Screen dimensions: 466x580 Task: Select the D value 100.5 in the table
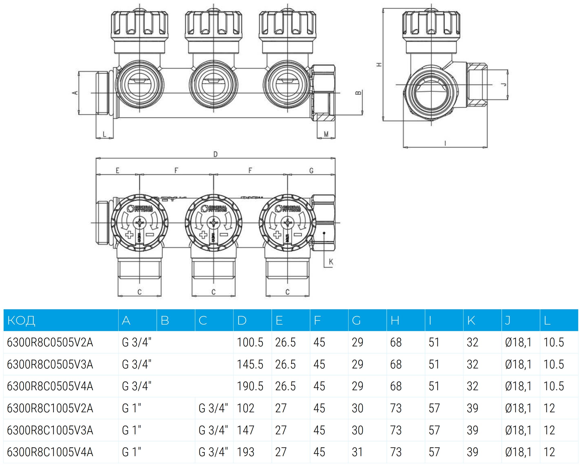(x=250, y=342)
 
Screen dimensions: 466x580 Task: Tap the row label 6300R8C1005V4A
(x=50, y=452)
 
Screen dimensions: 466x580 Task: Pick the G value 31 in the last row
(x=357, y=452)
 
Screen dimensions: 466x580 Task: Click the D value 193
(x=245, y=452)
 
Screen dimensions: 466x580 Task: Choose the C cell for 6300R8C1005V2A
(x=213, y=408)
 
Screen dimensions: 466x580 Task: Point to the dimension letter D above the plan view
(x=215, y=154)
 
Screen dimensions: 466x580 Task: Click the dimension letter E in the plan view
(x=117, y=170)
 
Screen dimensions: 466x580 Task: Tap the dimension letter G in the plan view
(x=311, y=170)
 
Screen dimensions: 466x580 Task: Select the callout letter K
(x=331, y=262)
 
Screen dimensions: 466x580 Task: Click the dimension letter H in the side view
(x=379, y=65)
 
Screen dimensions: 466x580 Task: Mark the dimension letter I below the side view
(x=445, y=143)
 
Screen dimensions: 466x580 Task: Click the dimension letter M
(x=326, y=134)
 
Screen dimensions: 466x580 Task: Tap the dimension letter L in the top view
(x=105, y=134)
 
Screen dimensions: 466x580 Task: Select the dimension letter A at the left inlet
(x=76, y=93)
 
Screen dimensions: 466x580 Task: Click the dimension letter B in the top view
(x=358, y=93)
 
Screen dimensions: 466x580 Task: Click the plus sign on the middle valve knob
(x=203, y=235)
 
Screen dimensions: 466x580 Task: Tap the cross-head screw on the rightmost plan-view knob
(x=287, y=223)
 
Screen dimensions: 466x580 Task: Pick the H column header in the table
(x=395, y=320)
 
